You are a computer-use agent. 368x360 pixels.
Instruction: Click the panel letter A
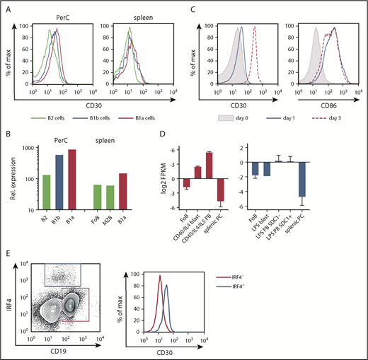10,10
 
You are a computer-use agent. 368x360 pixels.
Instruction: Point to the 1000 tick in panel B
33,147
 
